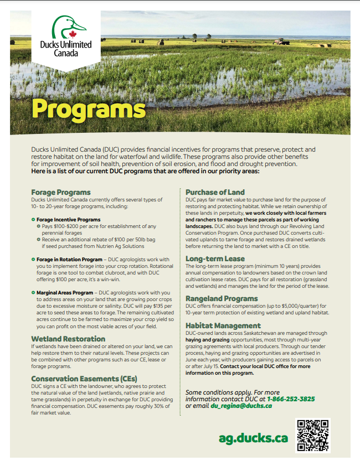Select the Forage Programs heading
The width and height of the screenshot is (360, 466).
coord(61,192)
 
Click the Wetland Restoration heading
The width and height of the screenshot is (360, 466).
coord(68,338)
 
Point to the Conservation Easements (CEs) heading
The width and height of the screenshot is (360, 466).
coord(84,379)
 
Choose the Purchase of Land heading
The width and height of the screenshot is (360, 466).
coord(215,192)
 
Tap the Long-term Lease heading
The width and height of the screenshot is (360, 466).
coord(215,258)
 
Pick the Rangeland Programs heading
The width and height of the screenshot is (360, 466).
coord(222,298)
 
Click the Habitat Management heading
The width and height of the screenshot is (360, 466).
coord(223,325)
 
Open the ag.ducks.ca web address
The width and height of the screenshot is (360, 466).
coord(253,438)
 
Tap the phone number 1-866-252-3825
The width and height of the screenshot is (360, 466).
coord(291,398)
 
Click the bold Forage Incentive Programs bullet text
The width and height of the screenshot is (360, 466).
coord(69,220)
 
